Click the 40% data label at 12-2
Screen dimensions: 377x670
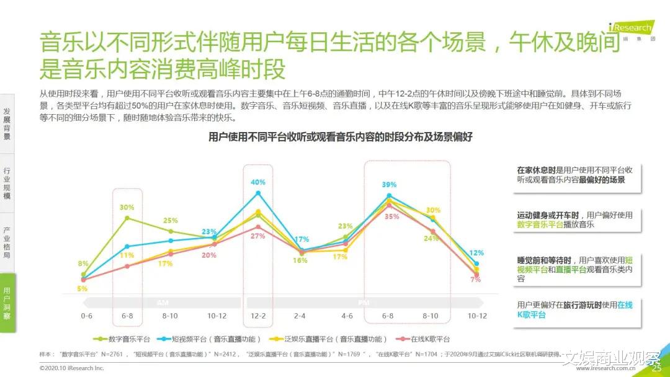[258, 182]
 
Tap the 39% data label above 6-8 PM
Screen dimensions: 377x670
[389, 185]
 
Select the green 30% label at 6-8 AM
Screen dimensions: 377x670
[127, 207]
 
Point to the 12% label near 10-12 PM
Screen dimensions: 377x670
[476, 253]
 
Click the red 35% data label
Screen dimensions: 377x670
[391, 216]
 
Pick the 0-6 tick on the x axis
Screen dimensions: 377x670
[87, 316]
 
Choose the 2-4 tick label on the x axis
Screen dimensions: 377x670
[300, 316]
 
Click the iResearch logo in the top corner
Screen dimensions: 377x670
[630, 29]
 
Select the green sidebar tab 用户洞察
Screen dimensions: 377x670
[7, 303]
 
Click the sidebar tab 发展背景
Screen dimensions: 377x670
[7, 123]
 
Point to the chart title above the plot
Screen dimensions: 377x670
[340, 137]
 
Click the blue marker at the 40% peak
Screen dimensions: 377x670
[258, 193]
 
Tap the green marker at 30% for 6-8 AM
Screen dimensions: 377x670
[127, 218]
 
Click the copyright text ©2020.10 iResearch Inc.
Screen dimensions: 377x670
[71, 368]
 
